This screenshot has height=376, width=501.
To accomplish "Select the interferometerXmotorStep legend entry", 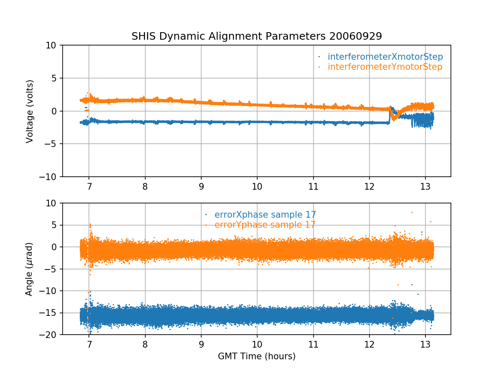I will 385,57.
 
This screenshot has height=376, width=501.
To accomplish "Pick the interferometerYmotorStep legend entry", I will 385,67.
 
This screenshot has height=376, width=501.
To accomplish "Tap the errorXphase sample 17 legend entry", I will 265,215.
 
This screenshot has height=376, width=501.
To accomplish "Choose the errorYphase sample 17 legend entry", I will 265,225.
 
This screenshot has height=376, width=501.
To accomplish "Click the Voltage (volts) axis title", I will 29,111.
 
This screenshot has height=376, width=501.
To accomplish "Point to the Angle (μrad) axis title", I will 29,269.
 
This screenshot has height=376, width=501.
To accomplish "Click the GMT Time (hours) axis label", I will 257,356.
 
